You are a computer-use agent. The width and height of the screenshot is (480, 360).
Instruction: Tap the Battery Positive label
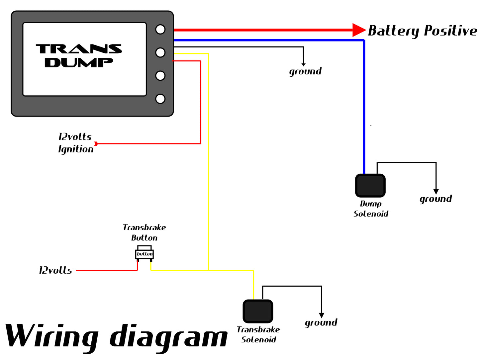tap(422, 31)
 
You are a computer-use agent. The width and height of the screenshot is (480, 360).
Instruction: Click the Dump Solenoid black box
tap(370, 186)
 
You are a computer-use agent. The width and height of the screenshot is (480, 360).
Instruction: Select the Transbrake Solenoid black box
tap(258, 311)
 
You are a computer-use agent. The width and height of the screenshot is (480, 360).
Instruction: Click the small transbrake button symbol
tap(144, 253)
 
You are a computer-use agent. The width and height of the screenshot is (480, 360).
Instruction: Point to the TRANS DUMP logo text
tap(79, 55)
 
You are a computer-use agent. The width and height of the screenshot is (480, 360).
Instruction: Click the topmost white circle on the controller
tap(160, 30)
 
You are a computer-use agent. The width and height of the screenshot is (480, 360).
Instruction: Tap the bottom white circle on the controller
tap(160, 99)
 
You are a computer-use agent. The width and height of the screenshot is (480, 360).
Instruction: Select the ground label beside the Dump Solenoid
tap(435, 199)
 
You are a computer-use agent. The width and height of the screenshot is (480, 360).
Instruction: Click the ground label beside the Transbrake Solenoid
tap(321, 322)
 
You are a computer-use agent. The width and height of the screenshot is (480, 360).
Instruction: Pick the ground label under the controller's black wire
tap(305, 71)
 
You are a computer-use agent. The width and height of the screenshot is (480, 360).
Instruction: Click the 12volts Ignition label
tap(75, 143)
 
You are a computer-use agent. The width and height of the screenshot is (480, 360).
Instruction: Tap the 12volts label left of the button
tap(55, 270)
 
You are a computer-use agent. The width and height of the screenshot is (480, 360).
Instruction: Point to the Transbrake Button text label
tap(144, 232)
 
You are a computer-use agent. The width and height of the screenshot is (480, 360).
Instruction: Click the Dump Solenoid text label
tap(371, 209)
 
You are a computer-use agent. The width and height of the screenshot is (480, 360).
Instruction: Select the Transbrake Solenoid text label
tap(258, 334)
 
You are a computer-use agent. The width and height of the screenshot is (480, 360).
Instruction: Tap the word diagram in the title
tap(168, 337)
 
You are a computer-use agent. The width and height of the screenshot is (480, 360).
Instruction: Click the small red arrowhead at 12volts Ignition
tap(96, 144)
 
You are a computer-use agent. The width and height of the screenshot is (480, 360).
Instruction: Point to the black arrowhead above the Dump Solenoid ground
tap(436, 192)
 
